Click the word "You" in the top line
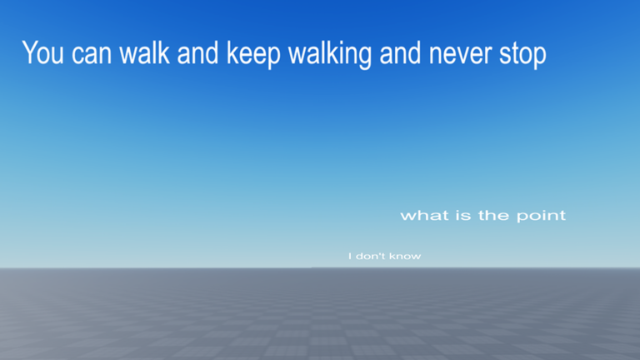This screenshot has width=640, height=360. pos(42,52)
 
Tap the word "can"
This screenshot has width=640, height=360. pos(92,54)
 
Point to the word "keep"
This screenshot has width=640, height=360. pos(253,54)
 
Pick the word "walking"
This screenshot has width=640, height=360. pos(330,54)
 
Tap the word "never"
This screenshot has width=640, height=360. pos(460,54)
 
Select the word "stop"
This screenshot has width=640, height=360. pos(522,56)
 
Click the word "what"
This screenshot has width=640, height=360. pos(424,215)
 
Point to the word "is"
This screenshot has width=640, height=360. pos(463,215)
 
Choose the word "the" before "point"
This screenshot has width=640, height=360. pos(493,215)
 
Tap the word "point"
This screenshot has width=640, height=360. pos(541,216)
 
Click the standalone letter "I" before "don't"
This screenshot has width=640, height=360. pos(350,256)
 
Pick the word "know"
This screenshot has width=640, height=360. pos(404,256)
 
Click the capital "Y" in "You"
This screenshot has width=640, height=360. pos(31,52)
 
